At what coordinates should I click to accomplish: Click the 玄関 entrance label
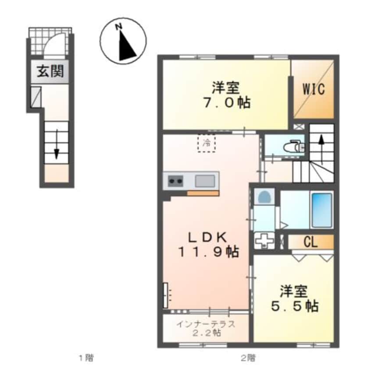49,72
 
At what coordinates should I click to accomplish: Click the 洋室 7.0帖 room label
226,95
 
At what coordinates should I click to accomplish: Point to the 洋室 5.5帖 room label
294,299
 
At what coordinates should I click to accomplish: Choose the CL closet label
310,241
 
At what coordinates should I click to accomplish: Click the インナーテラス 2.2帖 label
206,328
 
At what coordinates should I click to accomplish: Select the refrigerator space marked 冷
206,143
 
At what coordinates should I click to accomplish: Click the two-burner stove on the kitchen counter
176,180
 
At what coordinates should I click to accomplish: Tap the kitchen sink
205,180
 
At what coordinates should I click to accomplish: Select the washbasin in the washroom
264,197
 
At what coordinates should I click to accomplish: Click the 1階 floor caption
86,358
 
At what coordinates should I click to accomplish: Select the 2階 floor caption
248,358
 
